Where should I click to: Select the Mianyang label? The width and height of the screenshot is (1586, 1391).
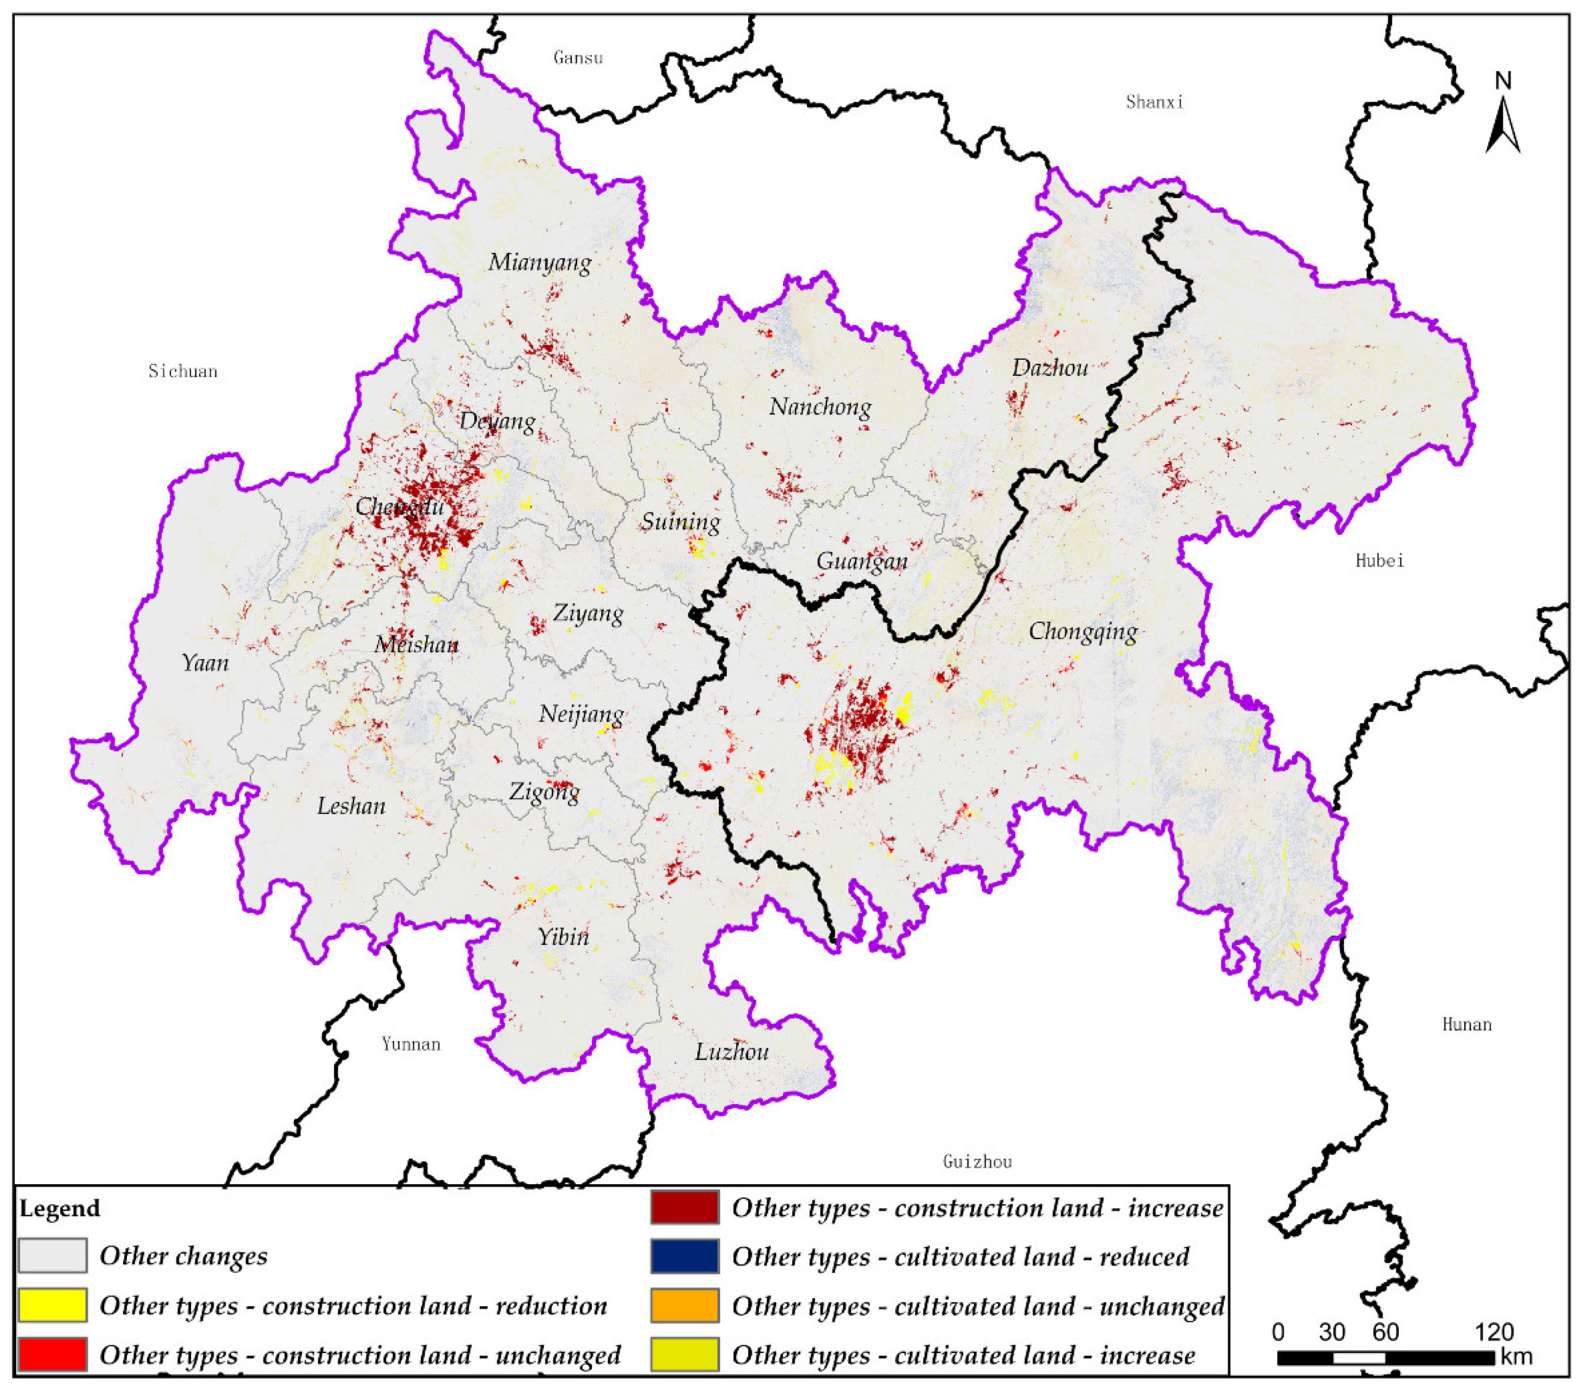tap(539, 263)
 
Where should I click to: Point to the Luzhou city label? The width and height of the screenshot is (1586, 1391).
tap(731, 1053)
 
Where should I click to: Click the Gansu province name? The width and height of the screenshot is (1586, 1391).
tap(578, 57)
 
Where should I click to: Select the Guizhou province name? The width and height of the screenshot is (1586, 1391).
tap(977, 1162)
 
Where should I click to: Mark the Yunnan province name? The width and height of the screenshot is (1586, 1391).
tap(411, 1044)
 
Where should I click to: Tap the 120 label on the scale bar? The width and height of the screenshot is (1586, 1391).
tap(1494, 1333)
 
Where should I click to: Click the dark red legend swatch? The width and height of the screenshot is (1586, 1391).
tap(684, 1207)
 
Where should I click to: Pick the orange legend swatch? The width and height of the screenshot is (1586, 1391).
tap(684, 1306)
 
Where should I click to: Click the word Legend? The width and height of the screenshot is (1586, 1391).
tap(60, 1209)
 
